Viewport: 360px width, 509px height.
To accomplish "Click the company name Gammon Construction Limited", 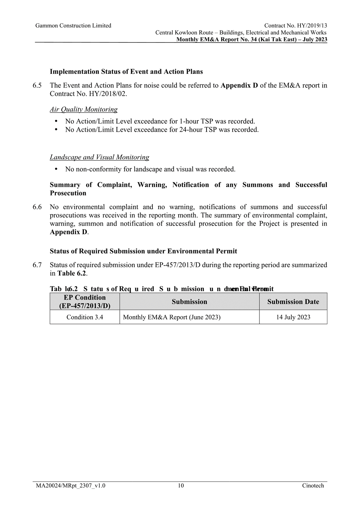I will [73, 26].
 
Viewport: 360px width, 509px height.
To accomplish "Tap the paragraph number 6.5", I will [37, 86].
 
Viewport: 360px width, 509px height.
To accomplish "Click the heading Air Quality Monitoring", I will [83, 110].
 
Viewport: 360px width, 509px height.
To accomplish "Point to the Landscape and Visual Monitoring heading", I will [99, 158].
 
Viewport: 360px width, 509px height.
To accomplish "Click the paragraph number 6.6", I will [37, 207].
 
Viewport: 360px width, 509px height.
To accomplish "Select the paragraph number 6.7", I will [37, 265].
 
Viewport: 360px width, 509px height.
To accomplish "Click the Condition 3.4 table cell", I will [85, 317].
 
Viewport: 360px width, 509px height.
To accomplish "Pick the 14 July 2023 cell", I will [293, 317].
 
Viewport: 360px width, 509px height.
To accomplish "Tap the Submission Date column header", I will [293, 302].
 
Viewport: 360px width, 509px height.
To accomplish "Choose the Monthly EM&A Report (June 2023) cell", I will [172, 317].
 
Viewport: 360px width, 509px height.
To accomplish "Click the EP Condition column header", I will [85, 302].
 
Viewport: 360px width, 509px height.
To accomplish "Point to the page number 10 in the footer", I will [181, 486].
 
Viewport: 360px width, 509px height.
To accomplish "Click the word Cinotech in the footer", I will [312, 486].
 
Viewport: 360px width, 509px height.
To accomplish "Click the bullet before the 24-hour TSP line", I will [56, 130].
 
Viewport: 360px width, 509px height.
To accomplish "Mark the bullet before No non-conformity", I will [56, 169].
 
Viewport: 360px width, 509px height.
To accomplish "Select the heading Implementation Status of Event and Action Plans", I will [126, 72].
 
